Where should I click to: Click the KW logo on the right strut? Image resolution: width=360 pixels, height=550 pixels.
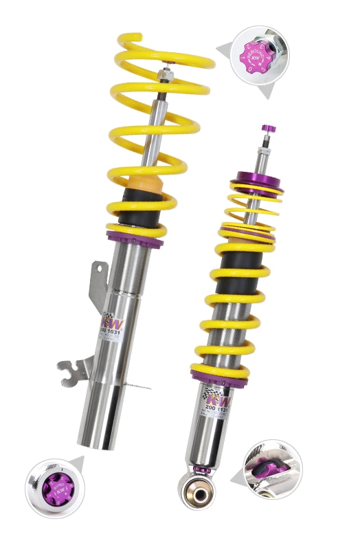click(218, 401)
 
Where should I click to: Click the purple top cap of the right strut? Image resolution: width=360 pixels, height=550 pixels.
click(269, 128)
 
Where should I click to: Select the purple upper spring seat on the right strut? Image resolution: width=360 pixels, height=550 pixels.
click(256, 185)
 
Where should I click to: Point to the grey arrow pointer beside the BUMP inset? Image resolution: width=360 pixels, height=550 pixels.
click(76, 463)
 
